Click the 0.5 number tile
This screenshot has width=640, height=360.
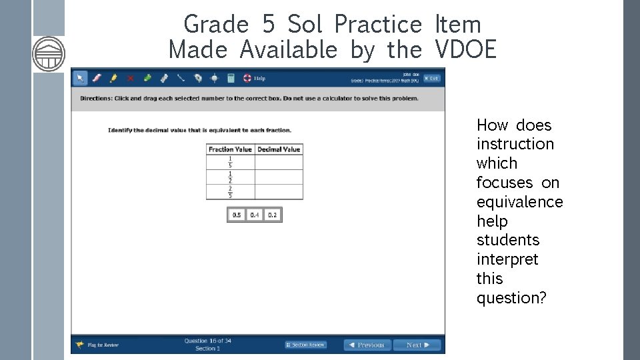[237, 215]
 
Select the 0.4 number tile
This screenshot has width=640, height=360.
[255, 215]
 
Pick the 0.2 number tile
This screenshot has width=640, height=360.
[272, 215]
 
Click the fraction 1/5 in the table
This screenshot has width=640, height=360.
[230, 162]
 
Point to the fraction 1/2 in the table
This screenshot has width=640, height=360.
[230, 177]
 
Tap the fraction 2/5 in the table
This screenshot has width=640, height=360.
[230, 191]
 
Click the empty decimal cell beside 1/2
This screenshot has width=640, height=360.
[279, 177]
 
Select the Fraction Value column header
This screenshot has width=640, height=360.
[230, 149]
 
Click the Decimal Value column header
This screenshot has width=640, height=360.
[279, 149]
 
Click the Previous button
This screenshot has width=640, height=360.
[366, 345]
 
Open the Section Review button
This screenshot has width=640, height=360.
[306, 345]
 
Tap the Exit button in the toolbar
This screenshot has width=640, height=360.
[431, 78]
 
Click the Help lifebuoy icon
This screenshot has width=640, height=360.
[247, 78]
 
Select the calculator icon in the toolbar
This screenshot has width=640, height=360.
[231, 78]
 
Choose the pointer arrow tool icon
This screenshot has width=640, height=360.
[80, 78]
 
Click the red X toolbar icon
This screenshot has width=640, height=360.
[130, 78]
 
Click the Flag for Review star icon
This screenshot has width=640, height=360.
[80, 345]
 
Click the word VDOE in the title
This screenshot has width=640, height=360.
[465, 49]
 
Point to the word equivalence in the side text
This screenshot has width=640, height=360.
[519, 201]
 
